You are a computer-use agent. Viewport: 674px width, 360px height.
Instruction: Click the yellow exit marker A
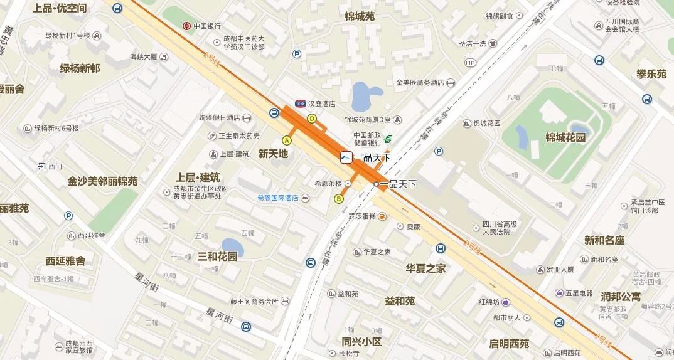click(x=287, y=140)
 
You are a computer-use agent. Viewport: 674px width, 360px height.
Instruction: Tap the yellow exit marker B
click(x=339, y=199)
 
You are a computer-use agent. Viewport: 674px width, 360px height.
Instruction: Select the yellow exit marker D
click(x=312, y=119)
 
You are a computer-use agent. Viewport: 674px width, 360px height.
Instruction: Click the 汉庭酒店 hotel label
click(x=321, y=104)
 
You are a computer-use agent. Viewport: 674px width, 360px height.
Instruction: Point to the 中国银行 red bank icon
click(x=186, y=26)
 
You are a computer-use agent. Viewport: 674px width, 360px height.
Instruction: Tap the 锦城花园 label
click(x=565, y=137)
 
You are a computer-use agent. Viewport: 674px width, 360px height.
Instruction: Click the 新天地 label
click(x=273, y=153)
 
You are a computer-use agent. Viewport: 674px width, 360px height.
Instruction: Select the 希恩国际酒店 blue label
click(x=277, y=198)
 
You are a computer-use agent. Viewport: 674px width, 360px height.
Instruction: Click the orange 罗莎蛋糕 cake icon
click(x=382, y=216)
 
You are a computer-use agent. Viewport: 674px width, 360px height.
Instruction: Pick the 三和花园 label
click(x=217, y=257)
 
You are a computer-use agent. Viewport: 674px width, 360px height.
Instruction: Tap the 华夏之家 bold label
click(x=425, y=268)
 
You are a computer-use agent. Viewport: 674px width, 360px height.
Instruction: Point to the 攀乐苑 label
click(x=651, y=74)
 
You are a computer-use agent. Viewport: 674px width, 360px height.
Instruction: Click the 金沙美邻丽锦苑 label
click(x=102, y=181)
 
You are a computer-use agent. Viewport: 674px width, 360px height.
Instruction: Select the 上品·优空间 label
click(x=60, y=8)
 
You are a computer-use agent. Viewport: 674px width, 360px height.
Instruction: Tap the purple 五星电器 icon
click(x=559, y=293)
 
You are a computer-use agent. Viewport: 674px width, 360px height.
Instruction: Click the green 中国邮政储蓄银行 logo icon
click(x=388, y=139)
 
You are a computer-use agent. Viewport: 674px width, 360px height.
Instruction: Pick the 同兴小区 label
click(x=361, y=342)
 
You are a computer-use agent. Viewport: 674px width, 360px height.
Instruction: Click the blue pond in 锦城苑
click(x=366, y=97)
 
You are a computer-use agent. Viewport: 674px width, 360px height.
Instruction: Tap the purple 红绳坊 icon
click(x=505, y=302)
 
